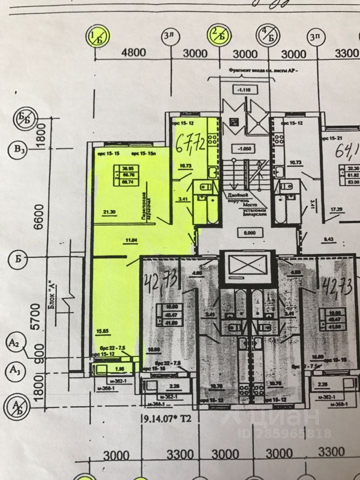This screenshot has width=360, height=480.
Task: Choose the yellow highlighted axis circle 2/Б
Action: pos(218,35)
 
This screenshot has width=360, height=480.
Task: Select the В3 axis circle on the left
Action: pos(18,149)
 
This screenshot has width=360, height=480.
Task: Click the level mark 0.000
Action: pos(245,232)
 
